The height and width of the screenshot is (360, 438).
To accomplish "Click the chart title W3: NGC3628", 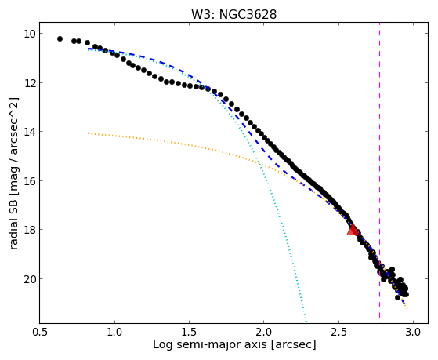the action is click(233, 14).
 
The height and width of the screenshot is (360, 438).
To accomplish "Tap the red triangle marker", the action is click(353, 230).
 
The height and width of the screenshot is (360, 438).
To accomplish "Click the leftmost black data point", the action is click(60, 39).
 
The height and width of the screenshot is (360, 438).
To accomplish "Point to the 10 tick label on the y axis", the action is click(29, 34).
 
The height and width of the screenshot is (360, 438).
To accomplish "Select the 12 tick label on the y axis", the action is click(29, 83).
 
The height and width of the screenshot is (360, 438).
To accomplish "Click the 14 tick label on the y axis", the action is click(29, 132).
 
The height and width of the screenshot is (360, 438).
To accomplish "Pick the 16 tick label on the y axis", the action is click(29, 181).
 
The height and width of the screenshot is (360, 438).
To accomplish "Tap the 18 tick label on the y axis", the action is click(29, 230).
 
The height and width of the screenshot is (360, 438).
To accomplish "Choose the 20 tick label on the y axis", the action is click(29, 279).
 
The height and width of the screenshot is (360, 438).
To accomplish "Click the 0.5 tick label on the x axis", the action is click(40, 332).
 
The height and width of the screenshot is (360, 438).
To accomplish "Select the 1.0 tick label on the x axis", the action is click(114, 332).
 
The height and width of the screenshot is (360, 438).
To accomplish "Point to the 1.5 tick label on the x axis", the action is click(189, 332).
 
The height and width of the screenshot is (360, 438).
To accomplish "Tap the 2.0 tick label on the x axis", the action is click(264, 332).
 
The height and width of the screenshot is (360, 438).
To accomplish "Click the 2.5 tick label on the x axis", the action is click(338, 332).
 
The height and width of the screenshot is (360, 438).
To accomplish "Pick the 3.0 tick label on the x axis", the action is click(413, 332).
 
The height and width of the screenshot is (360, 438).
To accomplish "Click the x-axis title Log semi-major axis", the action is click(210, 345).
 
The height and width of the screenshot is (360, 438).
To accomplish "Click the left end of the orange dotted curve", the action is click(88, 133).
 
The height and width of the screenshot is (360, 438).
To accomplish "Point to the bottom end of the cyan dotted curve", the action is click(306, 321).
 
